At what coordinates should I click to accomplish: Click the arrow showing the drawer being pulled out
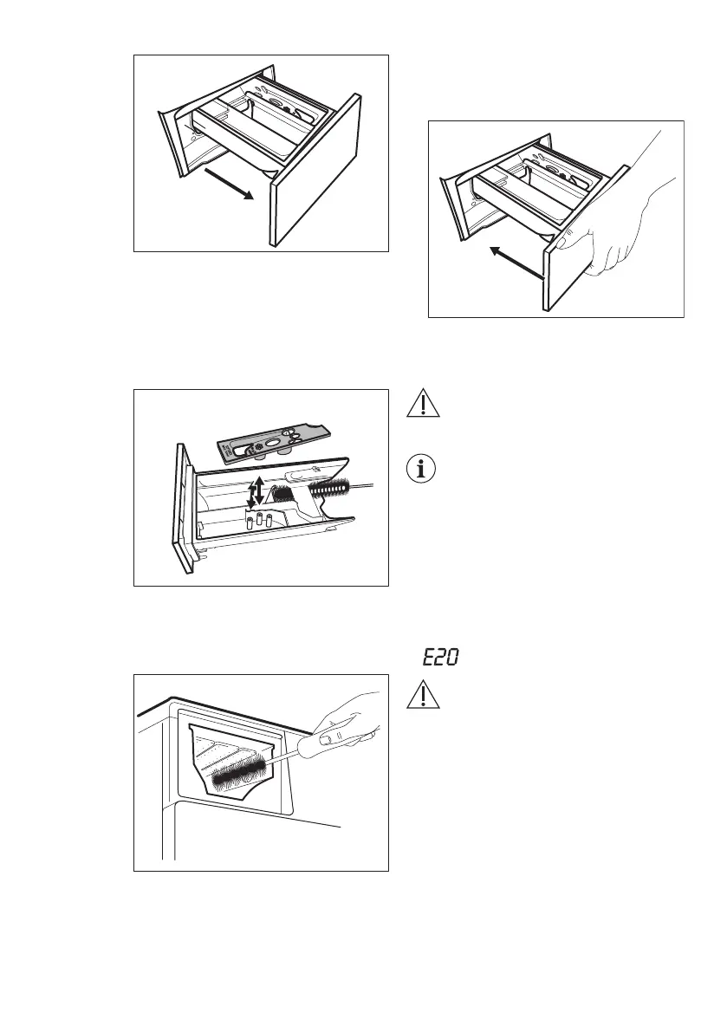tap(230, 184)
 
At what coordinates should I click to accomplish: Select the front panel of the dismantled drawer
tap(185, 511)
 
